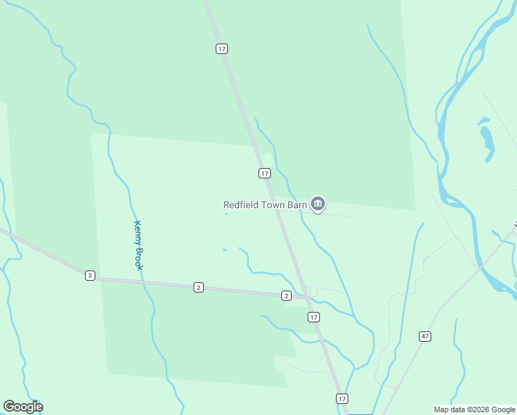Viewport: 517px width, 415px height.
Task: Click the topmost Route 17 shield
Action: pos(221,48)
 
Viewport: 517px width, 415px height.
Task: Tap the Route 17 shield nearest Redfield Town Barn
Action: pos(265,173)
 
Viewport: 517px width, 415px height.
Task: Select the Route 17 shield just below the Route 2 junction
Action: pos(314,317)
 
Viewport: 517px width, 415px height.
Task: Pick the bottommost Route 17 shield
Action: pos(341,399)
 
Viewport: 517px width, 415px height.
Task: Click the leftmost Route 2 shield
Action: pos(90,275)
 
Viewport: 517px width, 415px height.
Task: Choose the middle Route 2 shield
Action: pos(198,287)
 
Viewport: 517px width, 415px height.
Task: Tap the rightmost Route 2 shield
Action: pos(286,295)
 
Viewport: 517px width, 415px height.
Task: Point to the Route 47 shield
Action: pos(425,336)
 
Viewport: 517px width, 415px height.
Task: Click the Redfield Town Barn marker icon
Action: pos(318,203)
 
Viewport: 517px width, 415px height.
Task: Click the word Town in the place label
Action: pos(274,205)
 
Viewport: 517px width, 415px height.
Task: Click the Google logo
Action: pos(23,407)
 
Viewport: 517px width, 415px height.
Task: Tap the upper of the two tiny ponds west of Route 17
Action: pos(226,214)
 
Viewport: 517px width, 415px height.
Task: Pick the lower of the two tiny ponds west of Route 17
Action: pos(224,250)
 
